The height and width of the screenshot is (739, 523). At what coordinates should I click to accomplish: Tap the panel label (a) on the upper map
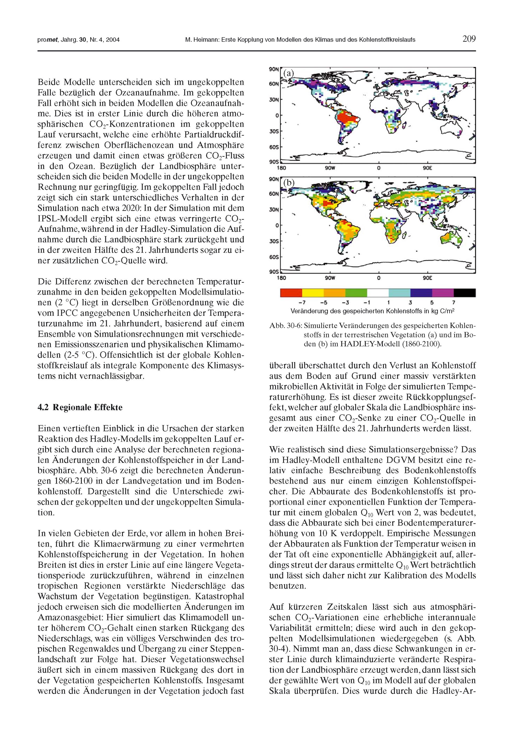click(288, 73)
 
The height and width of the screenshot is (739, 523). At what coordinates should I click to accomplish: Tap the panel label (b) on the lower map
click(288, 183)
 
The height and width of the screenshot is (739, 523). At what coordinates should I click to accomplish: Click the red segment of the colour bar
click(291, 293)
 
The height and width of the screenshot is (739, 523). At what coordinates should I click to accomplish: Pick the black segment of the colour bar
click(464, 293)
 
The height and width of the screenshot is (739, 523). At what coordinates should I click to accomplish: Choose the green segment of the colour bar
click(356, 293)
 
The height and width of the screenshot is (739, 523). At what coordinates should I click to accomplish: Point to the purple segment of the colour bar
click(443, 293)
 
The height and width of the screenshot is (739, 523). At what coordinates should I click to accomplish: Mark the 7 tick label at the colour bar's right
click(454, 302)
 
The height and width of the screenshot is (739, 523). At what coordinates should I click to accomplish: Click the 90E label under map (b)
click(427, 278)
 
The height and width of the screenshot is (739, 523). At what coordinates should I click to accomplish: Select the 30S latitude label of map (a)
click(274, 131)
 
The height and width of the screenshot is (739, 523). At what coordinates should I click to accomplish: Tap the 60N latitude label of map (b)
click(274, 194)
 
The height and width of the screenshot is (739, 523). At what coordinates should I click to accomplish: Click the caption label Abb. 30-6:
click(285, 326)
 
